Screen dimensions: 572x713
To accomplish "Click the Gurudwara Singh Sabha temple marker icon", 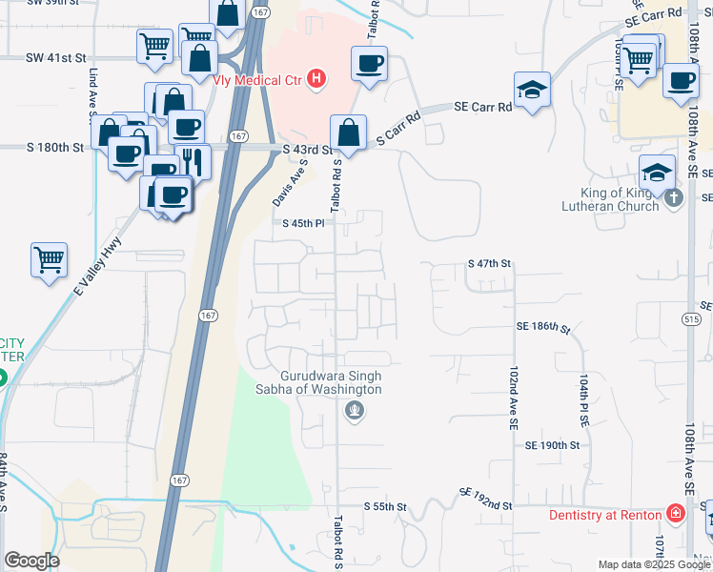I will tap(355, 411).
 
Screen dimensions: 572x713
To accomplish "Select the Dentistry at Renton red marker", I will tap(675, 515).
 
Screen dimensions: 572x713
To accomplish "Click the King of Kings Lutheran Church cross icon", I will tap(674, 198).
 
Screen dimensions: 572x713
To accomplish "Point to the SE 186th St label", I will tap(542, 327).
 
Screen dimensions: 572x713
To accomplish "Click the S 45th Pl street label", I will tap(305, 223).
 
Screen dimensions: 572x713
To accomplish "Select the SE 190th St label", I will tap(552, 445).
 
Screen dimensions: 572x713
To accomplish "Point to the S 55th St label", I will tap(385, 505).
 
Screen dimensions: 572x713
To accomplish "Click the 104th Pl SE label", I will tap(582, 399).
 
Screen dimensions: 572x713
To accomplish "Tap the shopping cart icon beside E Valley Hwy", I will tap(49, 258).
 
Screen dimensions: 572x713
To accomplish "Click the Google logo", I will tap(31, 561).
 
